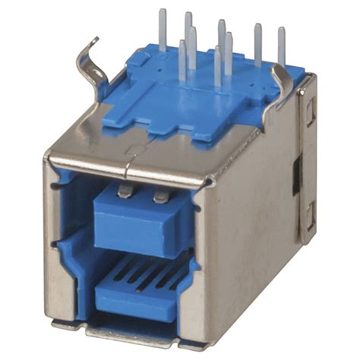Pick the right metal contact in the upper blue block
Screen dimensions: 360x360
(159, 197)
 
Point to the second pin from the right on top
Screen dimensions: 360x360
(258, 42)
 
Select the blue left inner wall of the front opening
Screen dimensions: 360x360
(74, 228)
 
